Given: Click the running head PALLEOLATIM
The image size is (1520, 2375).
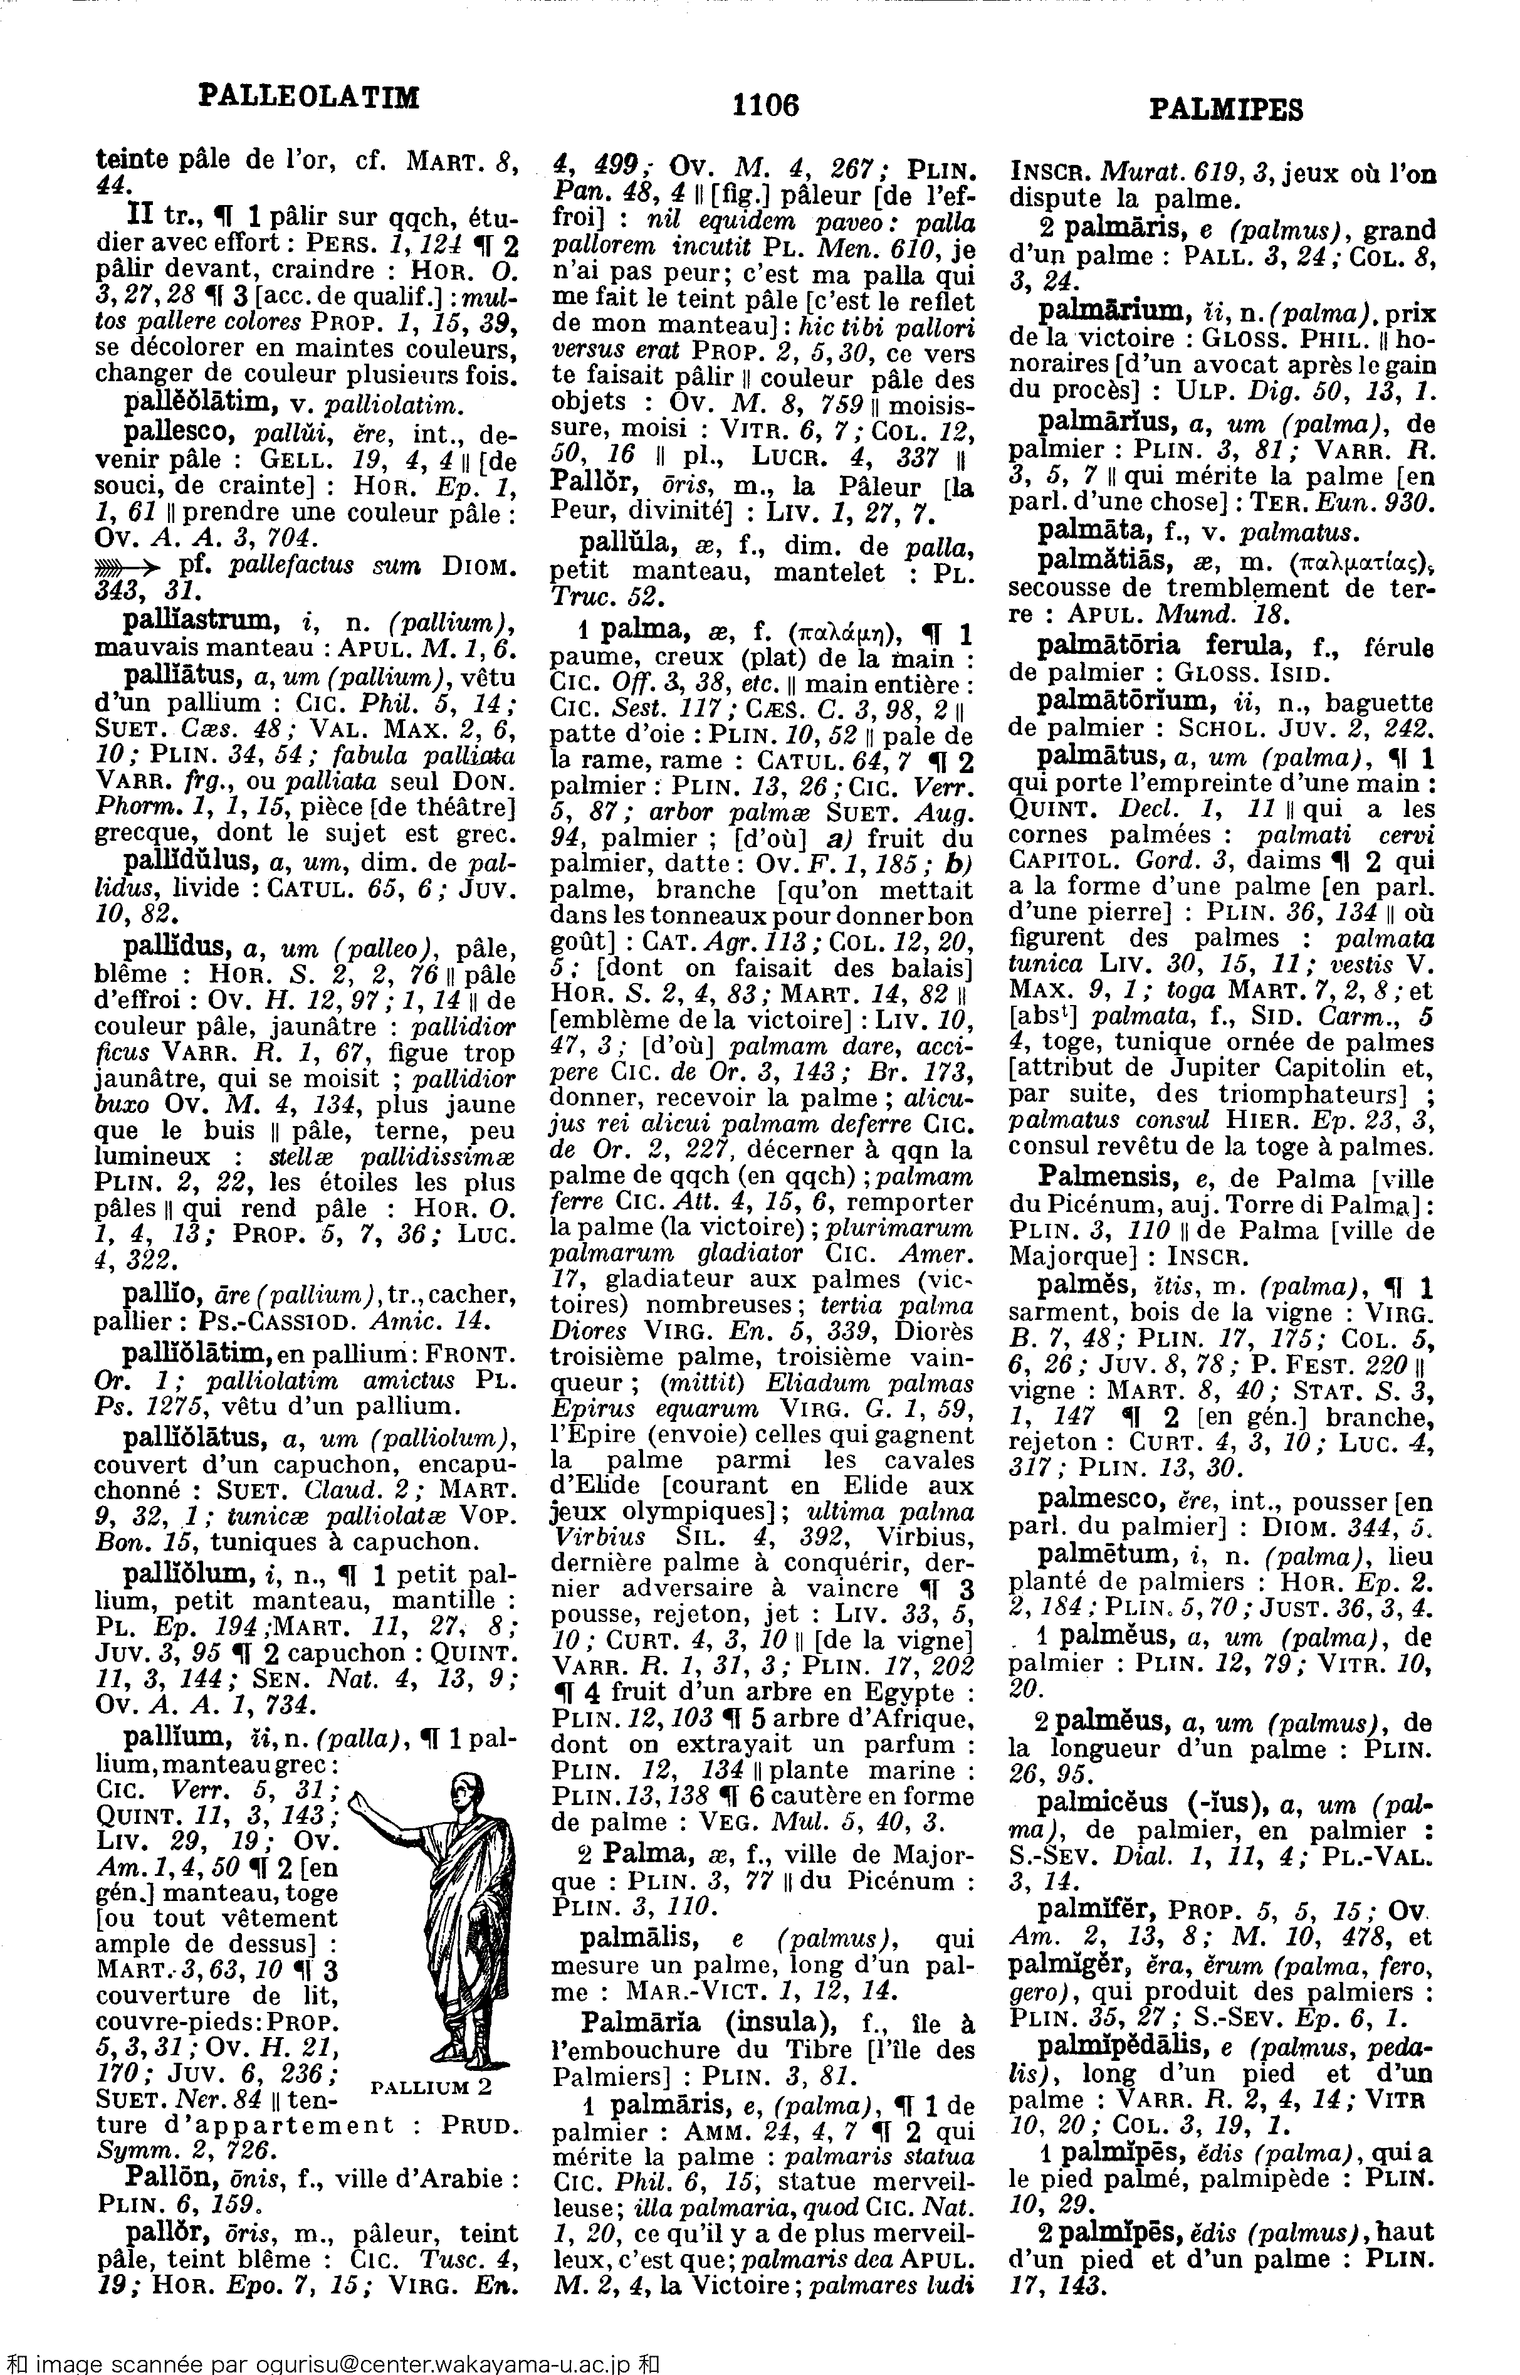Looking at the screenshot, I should point(309,97).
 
